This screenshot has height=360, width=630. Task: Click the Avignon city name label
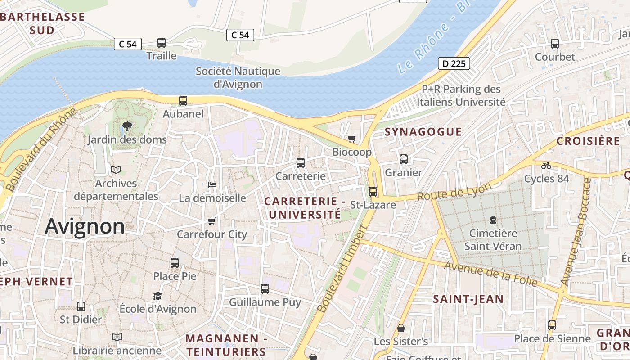[x=85, y=226]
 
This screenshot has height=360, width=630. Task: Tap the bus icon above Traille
[x=162, y=43]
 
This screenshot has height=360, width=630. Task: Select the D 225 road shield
[x=454, y=63]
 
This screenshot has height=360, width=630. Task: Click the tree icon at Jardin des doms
[x=127, y=126]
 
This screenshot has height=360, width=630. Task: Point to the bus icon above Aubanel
[x=183, y=101]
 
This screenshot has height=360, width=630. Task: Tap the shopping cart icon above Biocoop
[x=352, y=139]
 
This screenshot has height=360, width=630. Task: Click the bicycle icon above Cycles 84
[x=546, y=165]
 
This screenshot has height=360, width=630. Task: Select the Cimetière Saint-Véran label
[x=493, y=240]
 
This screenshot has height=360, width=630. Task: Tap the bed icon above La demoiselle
[x=212, y=185]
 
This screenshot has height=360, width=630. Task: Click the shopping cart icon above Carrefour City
[x=212, y=221]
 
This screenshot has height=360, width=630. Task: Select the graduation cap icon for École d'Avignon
[x=157, y=296]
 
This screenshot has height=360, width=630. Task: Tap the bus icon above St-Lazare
[x=373, y=192]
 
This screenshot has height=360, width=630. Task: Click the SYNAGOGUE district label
[x=423, y=131]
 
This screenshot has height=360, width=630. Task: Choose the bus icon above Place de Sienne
[x=552, y=325]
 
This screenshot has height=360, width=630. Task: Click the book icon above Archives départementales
[x=116, y=170]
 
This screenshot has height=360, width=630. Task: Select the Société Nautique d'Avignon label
[x=238, y=77]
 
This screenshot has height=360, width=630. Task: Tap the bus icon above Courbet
[x=555, y=44]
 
